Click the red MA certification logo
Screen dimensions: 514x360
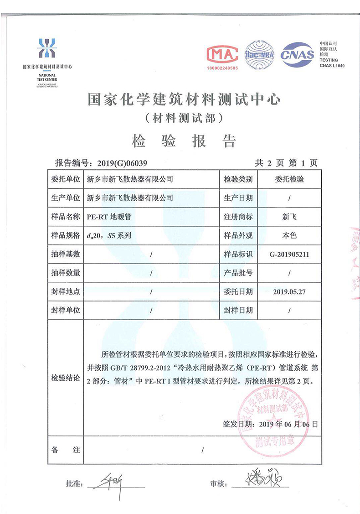[223, 54]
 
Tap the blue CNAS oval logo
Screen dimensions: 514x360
[297, 55]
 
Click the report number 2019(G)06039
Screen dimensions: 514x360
[120, 163]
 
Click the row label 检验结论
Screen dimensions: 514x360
[66, 378]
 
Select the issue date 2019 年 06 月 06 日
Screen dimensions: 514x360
[288, 424]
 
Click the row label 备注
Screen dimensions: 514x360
[66, 450]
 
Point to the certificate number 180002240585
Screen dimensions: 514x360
[223, 67]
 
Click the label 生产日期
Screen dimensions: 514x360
[238, 198]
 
